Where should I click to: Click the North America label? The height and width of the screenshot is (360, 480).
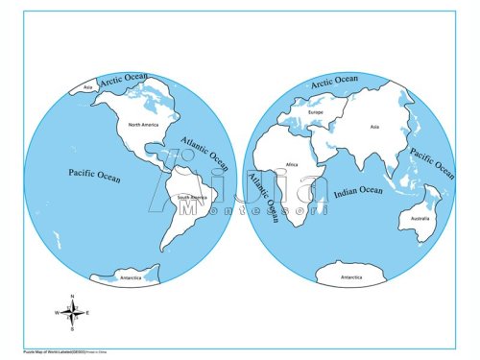[x=135, y=125]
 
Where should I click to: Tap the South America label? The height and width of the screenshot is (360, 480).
[x=194, y=199]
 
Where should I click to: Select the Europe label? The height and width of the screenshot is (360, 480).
[x=316, y=113]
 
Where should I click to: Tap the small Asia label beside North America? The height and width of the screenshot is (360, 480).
[x=88, y=88]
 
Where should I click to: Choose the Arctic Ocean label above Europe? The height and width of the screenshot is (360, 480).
[x=333, y=82]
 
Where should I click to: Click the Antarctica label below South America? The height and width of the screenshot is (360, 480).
[x=131, y=277]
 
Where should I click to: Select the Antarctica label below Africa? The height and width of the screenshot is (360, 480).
[x=352, y=277]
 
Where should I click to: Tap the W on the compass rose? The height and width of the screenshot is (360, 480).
[x=57, y=313]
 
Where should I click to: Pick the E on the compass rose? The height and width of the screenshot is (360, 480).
[x=87, y=313]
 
